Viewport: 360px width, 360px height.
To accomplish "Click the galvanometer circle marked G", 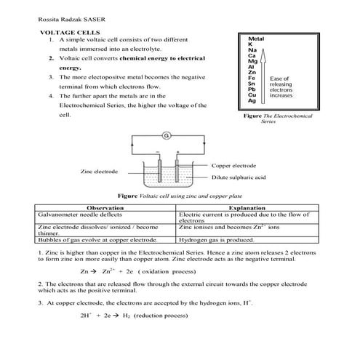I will (166, 136).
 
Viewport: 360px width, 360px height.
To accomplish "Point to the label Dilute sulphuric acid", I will (239, 177).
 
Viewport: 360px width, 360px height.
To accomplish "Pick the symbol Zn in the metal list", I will (252, 73).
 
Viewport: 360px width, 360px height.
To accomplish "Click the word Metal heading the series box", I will (255, 38).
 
